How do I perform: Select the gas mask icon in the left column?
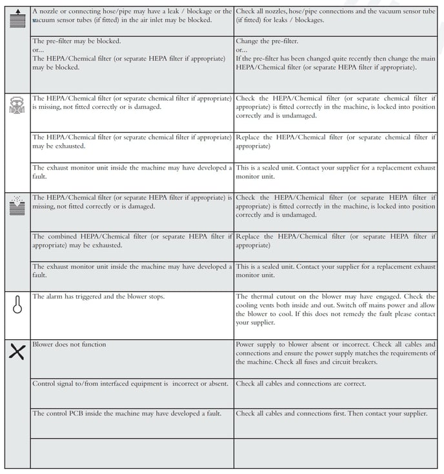[x=17, y=104]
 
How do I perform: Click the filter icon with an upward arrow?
[x=17, y=15]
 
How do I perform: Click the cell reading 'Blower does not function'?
[x=70, y=344]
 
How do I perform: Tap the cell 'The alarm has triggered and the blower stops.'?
[x=99, y=297]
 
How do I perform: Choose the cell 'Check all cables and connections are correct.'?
[x=301, y=384]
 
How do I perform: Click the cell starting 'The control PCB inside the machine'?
[x=132, y=413]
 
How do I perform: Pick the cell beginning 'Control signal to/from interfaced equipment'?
[x=130, y=384]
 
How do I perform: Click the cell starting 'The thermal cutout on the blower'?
[x=336, y=310]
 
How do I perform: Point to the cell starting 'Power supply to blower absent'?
[x=336, y=353]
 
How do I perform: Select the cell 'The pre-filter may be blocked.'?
[x=77, y=41]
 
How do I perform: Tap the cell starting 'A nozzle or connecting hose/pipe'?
[x=132, y=15]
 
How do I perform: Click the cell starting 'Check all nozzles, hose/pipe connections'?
[x=336, y=15]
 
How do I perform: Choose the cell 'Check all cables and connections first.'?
[x=331, y=413]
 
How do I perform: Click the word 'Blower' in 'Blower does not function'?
[x=43, y=344]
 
